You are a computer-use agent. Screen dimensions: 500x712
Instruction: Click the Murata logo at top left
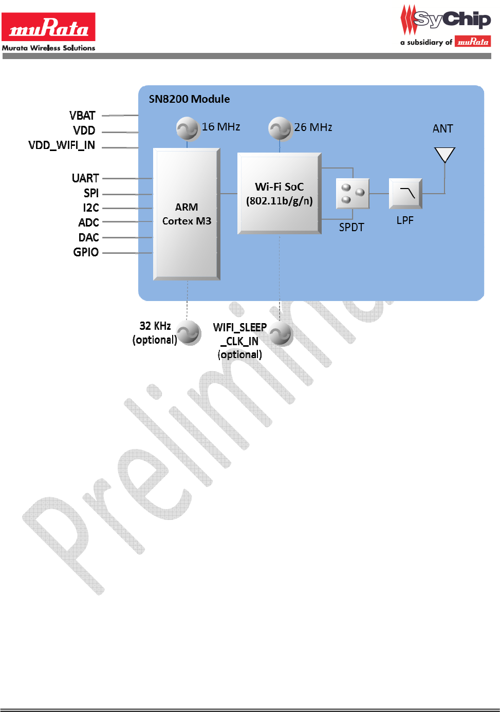coord(48,27)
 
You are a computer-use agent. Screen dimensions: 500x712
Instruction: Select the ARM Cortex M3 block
coord(187,214)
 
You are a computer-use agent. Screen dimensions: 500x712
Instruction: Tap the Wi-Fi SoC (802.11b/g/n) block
coord(279,193)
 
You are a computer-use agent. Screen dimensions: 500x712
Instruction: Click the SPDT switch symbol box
coord(353,194)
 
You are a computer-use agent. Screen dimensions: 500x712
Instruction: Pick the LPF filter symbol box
coord(405,194)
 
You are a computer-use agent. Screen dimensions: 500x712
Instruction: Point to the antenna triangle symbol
coord(445,155)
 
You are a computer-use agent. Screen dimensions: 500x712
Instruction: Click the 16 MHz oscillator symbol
coord(187,128)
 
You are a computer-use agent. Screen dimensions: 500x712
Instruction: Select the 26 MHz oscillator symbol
coord(280,128)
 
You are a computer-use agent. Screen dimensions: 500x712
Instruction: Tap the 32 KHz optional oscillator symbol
coord(189,333)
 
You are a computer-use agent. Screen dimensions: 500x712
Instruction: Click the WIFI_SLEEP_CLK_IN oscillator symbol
coord(281,334)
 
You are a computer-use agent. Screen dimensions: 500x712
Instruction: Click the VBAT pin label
coord(82,116)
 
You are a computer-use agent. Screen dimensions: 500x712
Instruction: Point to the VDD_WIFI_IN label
coord(62,145)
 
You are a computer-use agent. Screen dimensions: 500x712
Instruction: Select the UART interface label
coord(85,178)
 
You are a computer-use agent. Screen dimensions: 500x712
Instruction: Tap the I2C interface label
coord(91,208)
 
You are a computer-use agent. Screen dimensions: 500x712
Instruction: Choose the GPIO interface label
coord(86,252)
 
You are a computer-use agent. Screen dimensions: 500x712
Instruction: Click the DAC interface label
coord(88,237)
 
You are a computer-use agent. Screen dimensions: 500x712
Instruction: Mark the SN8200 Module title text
coord(189,99)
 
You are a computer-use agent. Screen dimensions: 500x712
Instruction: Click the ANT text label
coord(442,128)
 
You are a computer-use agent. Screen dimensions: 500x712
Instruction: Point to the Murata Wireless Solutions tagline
coord(48,48)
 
